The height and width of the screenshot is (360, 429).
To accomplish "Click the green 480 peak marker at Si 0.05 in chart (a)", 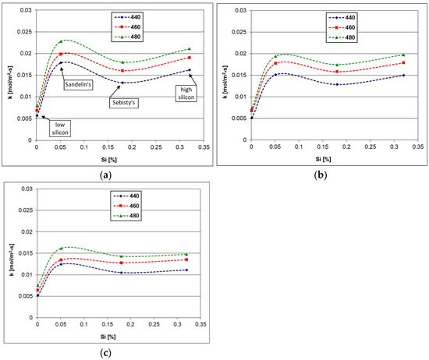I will point(61,41).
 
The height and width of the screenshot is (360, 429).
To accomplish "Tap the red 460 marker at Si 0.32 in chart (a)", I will point(190,58).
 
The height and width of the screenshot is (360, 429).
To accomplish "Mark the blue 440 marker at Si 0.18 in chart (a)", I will point(123,83).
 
